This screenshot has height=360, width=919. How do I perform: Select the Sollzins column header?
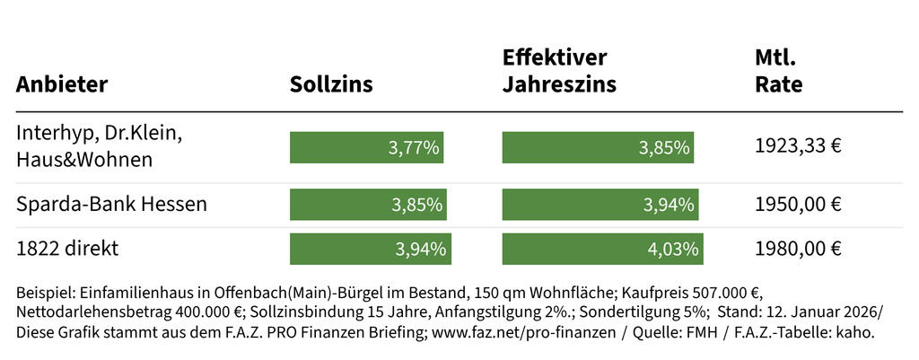[331, 85]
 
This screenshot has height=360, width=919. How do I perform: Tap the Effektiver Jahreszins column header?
[559, 72]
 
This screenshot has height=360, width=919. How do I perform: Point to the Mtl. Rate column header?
[779, 72]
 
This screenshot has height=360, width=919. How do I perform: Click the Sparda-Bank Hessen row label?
[111, 205]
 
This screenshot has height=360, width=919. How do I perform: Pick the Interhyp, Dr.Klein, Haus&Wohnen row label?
[99, 146]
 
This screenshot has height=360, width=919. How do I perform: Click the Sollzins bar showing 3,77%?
[366, 147]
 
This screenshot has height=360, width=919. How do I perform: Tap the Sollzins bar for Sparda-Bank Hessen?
[368, 205]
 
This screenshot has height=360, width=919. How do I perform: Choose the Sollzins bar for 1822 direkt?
[370, 249]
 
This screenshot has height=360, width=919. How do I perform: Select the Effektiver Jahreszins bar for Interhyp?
[598, 147]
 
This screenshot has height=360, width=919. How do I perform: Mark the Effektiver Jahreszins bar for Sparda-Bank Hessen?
[600, 205]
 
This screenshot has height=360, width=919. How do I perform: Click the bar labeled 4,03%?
[603, 249]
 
